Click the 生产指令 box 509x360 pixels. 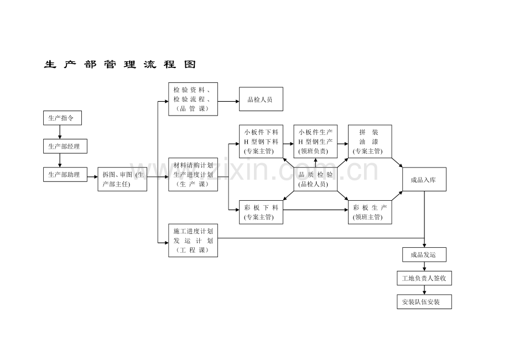pos(63,118)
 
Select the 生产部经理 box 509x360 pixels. pos(65,147)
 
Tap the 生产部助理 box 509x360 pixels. pos(65,175)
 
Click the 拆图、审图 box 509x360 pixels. pos(122,179)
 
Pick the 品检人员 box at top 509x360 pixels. pos(261,99)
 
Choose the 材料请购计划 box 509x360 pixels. pos(193,175)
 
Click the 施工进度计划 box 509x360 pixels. pos(193,241)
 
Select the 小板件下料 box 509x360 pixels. pos(261,142)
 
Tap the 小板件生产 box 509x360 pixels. pos(315,142)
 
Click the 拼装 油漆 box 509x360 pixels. pos(370,142)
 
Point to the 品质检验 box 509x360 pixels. pos(315,179)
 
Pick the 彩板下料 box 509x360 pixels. pos(261,212)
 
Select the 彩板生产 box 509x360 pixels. pos(370,212)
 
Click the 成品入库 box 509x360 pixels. pos(424,179)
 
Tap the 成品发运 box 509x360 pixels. pos(424,254)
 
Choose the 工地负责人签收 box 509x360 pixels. pos(424,278)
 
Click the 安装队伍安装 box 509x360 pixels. pos(424,301)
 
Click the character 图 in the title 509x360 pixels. pos(190,64)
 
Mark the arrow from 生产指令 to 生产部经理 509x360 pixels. pos(60,132)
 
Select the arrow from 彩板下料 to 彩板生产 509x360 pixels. pos(315,210)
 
